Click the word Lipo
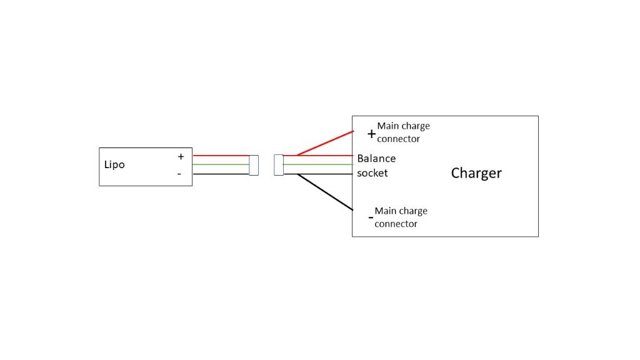pyautogui.click(x=114, y=165)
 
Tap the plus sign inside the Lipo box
pyautogui.click(x=181, y=157)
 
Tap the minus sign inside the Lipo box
pyautogui.click(x=179, y=174)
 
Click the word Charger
pyautogui.click(x=476, y=173)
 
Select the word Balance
pyautogui.click(x=376, y=159)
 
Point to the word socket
pyautogui.click(x=372, y=173)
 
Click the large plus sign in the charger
pyautogui.click(x=371, y=134)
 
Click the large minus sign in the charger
pyautogui.click(x=371, y=218)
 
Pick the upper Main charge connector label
pyautogui.click(x=403, y=132)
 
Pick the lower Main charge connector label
pyautogui.click(x=401, y=217)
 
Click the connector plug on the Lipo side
pyautogui.click(x=254, y=165)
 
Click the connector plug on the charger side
pyautogui.click(x=279, y=165)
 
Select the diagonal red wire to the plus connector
pyautogui.click(x=325, y=143)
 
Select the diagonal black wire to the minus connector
pyautogui.click(x=325, y=191)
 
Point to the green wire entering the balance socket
pyautogui.click(x=319, y=164)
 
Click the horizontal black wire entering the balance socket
pyautogui.click(x=325, y=174)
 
